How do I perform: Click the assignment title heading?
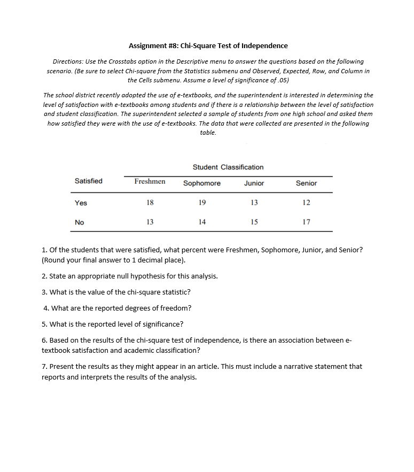point(208,45)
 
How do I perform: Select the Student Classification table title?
point(228,167)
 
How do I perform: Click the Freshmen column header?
point(150,182)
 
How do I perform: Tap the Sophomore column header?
point(202,183)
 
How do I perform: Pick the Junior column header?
point(254,183)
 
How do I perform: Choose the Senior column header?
point(306,183)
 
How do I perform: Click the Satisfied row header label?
point(89,181)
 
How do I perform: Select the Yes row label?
point(81,203)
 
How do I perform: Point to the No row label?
point(80,222)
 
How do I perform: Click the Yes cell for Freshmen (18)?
point(150,203)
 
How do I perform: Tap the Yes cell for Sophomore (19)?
point(202,203)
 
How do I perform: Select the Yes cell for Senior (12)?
point(306,203)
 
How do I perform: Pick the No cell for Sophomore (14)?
point(202,222)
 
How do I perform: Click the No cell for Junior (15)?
point(254,222)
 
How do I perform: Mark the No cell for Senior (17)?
point(306,222)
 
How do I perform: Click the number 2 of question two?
point(44,276)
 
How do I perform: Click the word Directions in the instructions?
point(68,62)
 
